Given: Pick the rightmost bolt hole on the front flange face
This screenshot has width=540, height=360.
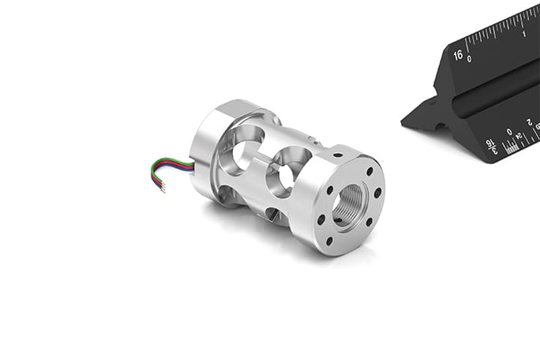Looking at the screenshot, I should coord(379,193).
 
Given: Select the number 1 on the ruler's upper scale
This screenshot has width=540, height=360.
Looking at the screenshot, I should coord(525,34).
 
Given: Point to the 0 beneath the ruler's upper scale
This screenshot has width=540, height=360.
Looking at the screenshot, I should coord(469,59).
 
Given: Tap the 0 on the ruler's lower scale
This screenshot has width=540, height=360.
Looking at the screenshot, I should coord(509,132).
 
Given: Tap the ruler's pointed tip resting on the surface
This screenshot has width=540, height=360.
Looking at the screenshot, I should coord(406,123).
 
